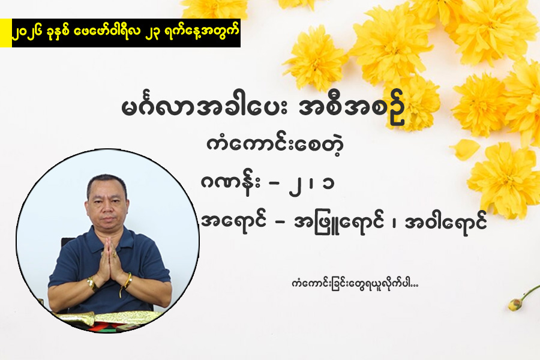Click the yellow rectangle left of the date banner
point(6,33)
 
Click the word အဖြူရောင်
point(339,223)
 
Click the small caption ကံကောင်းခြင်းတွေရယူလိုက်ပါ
point(355,284)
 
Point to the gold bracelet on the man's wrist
point(92,284)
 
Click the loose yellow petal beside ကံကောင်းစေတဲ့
point(465,149)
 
